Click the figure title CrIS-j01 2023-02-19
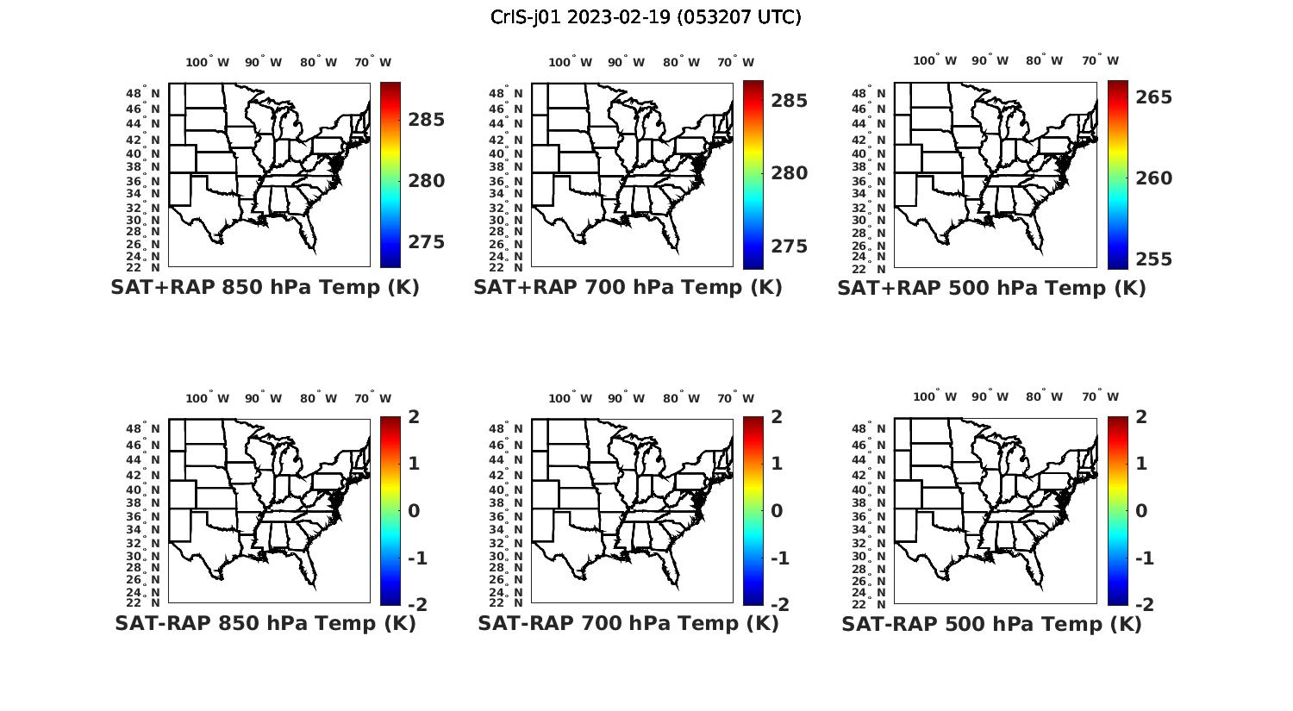(646, 17)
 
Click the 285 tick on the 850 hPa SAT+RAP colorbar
(427, 120)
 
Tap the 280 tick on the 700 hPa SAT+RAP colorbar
(790, 173)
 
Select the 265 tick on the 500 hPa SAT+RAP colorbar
(1154, 97)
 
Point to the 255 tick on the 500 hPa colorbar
(1154, 259)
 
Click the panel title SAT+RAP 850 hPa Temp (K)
(265, 288)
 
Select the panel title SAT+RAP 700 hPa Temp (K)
(628, 288)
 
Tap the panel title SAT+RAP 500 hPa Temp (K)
(991, 288)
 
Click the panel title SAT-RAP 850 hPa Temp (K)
(265, 623)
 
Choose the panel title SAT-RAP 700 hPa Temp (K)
(628, 623)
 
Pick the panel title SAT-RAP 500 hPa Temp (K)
(991, 624)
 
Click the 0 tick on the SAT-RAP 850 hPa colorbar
(414, 511)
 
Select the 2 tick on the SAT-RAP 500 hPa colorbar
(1142, 417)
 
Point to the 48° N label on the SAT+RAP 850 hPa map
(143, 94)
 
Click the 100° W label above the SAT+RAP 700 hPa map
(570, 62)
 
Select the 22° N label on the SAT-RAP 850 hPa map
(143, 602)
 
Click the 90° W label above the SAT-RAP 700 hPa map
(626, 398)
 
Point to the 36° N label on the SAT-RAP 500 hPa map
(869, 515)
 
